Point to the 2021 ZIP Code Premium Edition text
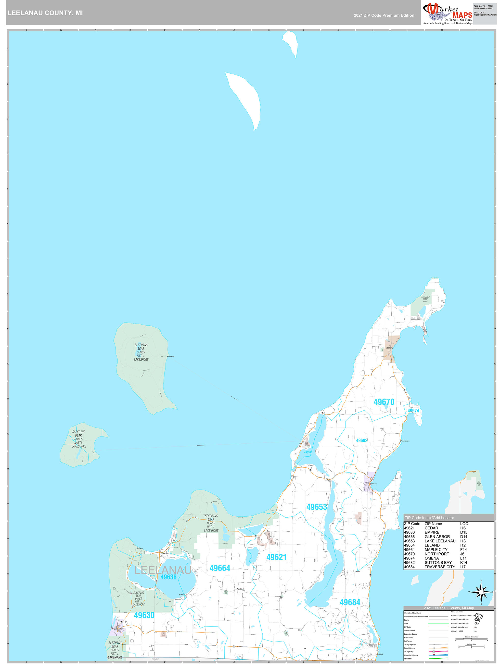(x=384, y=15)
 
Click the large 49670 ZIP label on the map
(x=384, y=402)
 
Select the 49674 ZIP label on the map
(x=413, y=411)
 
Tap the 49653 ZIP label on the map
(x=316, y=507)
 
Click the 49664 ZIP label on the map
(x=220, y=568)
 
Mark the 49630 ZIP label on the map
(x=144, y=615)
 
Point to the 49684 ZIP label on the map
(x=350, y=602)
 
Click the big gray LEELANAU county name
(x=163, y=570)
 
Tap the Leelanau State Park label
(x=425, y=299)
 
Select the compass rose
(x=481, y=592)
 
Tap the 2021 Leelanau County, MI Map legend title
(x=449, y=608)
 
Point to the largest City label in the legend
(x=479, y=616)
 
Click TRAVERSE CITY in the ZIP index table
(x=440, y=567)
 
